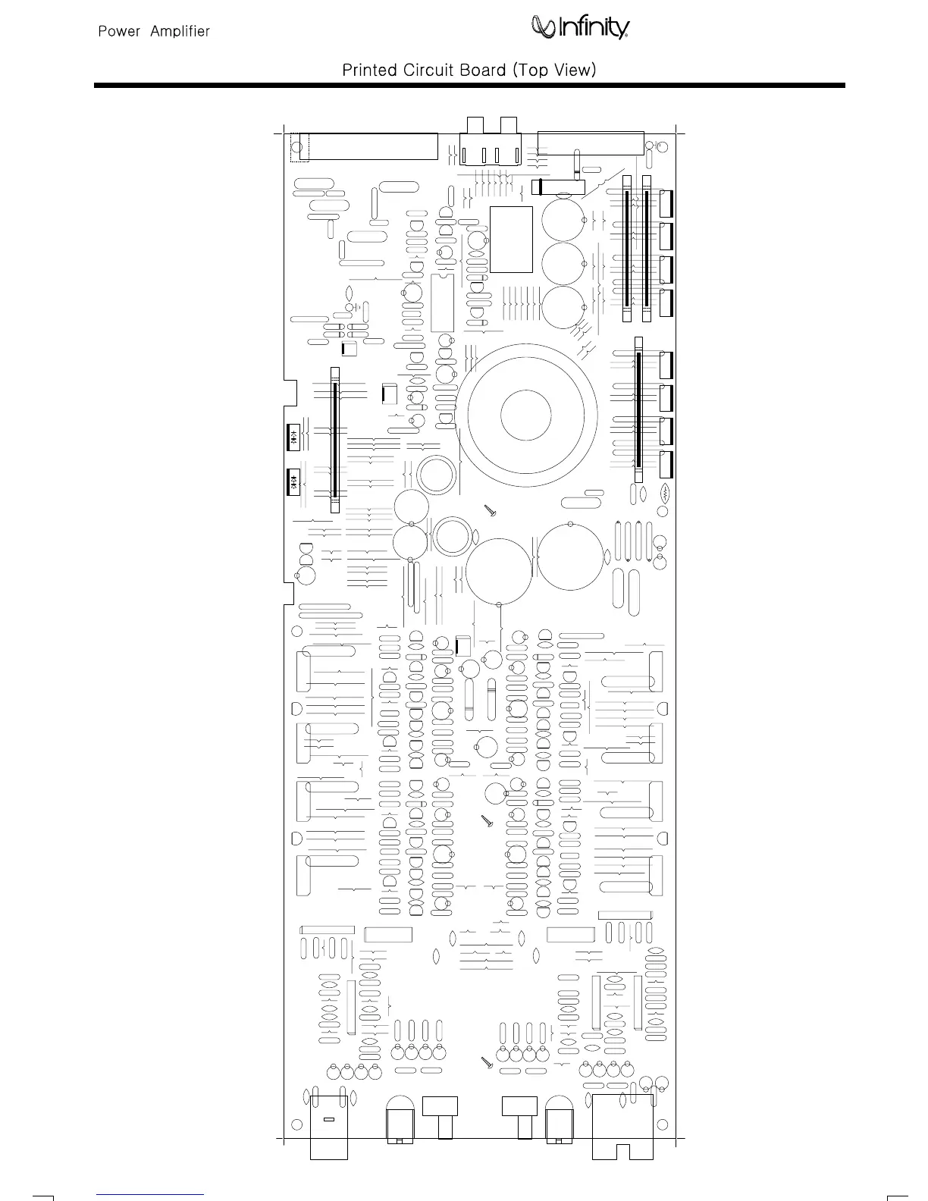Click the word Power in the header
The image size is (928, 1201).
119,32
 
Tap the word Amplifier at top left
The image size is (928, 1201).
180,32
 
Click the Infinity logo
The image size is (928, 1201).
581,28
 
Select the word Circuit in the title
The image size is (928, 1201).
428,70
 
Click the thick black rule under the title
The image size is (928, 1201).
469,86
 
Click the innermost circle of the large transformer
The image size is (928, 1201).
525,415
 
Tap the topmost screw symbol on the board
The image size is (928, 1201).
490,511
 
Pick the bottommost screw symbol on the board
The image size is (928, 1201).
488,1062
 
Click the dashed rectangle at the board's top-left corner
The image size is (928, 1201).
300,147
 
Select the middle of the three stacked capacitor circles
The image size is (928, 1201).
563,264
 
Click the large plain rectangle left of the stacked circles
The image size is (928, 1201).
511,239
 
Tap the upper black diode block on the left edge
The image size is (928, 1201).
293,435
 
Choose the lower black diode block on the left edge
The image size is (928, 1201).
293,481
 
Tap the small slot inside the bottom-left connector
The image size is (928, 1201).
329,1119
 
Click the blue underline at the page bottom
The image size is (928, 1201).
151,1194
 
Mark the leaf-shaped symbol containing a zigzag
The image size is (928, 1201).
665,494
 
